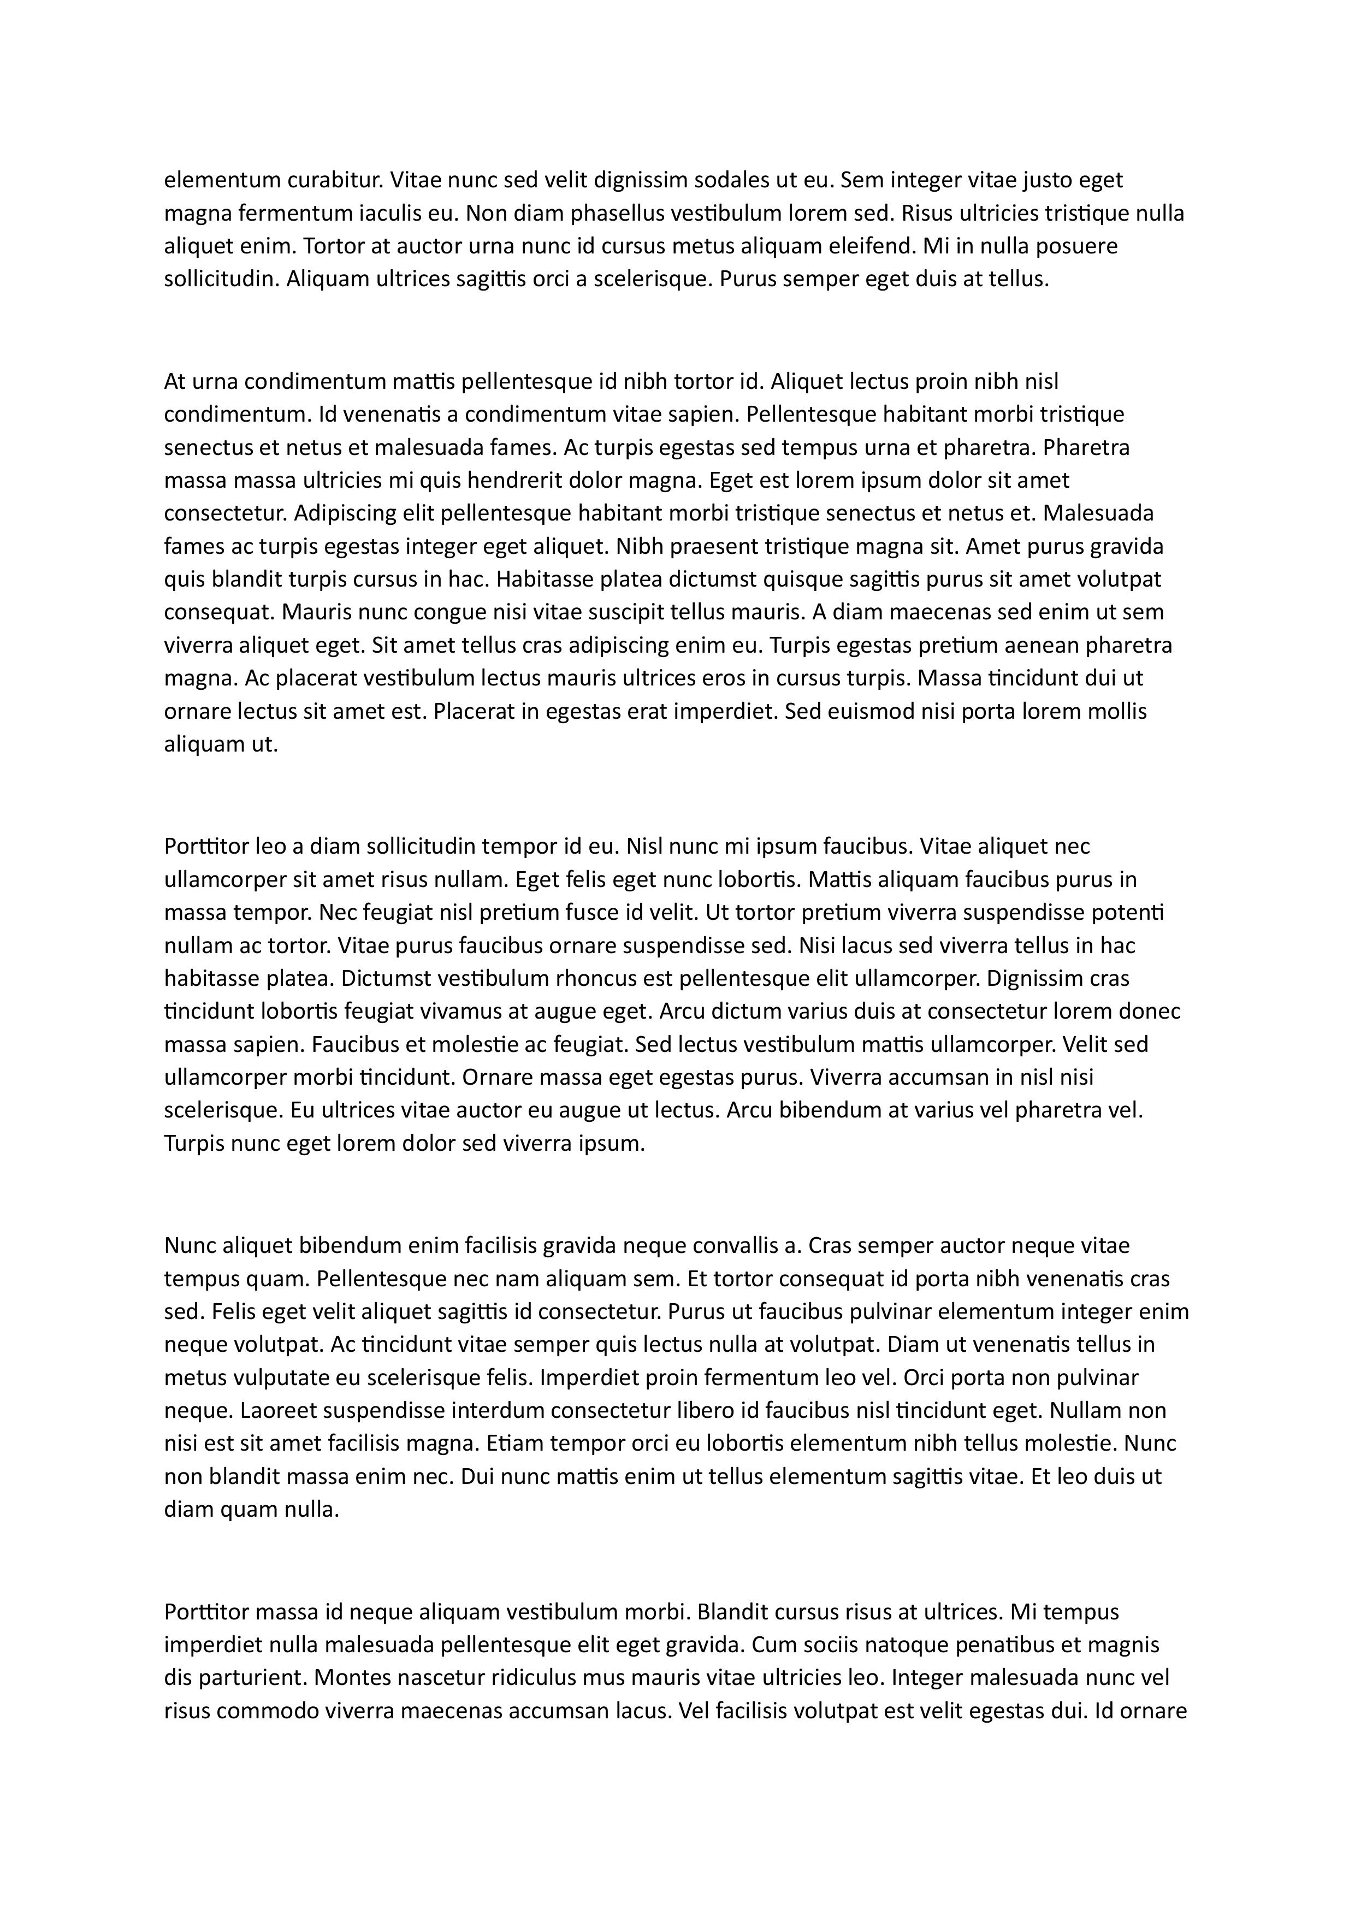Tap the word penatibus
click(1007, 1645)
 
